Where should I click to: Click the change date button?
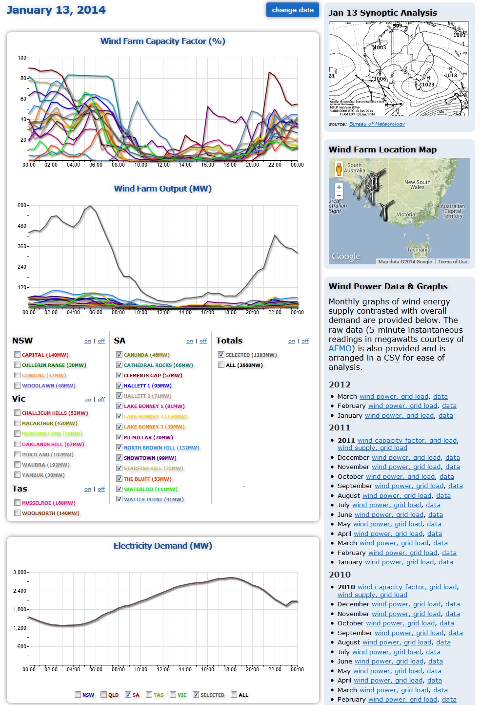(x=292, y=10)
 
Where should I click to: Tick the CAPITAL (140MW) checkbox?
(x=18, y=355)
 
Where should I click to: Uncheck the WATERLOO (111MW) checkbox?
(x=119, y=489)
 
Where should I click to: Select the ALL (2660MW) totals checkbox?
(x=221, y=365)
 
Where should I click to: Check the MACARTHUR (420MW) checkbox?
(x=18, y=423)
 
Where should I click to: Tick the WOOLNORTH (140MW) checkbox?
(x=18, y=513)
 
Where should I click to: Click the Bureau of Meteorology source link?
(x=377, y=124)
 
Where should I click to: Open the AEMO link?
(x=340, y=348)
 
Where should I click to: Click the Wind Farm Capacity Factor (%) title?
(x=162, y=41)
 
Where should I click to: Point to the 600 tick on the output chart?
(x=22, y=206)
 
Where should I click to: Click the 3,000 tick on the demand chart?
(x=20, y=572)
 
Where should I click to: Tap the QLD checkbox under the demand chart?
(x=104, y=694)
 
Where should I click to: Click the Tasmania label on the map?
(x=419, y=250)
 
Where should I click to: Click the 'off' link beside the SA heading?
(x=203, y=341)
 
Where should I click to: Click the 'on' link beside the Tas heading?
(x=88, y=489)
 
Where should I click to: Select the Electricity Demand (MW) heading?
(x=162, y=546)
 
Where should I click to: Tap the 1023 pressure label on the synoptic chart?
(x=428, y=85)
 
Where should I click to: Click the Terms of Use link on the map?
(x=452, y=262)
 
